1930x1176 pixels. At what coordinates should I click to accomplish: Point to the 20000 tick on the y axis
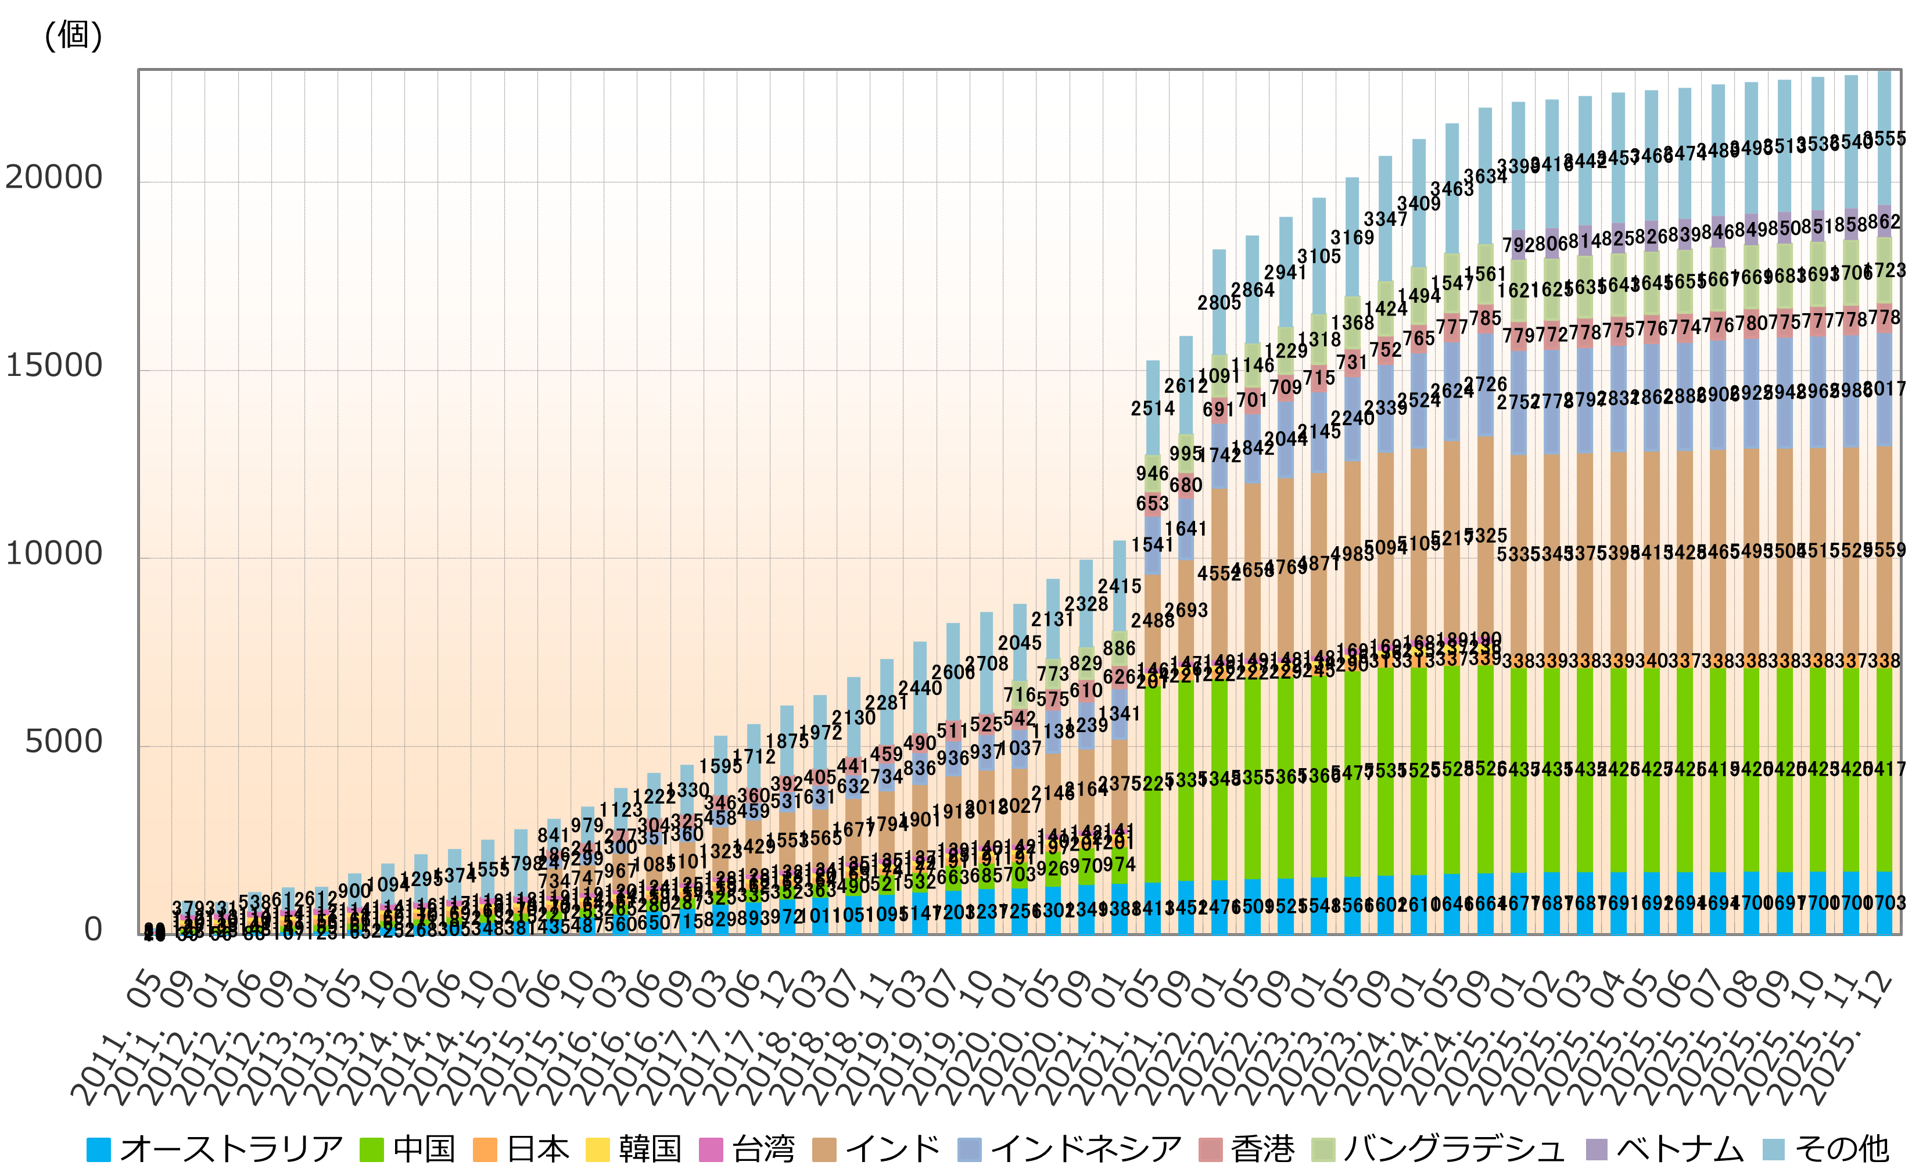tap(54, 178)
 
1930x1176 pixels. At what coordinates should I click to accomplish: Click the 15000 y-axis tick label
tap(54, 366)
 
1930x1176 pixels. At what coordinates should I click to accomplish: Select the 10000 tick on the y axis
tap(54, 554)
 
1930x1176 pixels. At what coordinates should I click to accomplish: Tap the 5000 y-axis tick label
tap(63, 741)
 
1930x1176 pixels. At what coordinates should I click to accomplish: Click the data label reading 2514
tap(1152, 408)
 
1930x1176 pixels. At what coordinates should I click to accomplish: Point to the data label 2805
tap(1219, 302)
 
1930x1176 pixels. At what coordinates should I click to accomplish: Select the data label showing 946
tap(1152, 473)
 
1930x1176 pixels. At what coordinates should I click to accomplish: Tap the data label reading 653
tap(1152, 503)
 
